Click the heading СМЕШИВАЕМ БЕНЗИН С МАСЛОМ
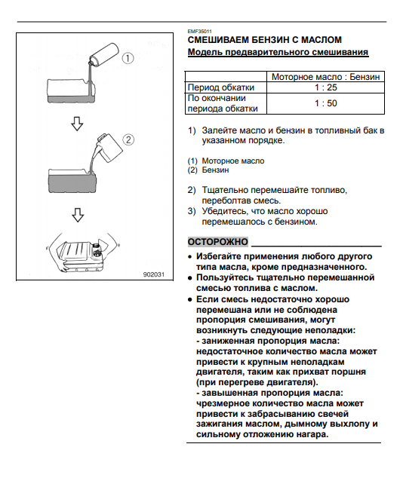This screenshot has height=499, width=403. pos(265,39)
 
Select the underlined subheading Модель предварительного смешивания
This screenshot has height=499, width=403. pos(278,53)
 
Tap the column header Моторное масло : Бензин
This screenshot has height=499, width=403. pos(326,76)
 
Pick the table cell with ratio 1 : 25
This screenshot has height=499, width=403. pos(326,87)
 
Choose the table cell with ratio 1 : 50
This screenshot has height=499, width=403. pos(326,103)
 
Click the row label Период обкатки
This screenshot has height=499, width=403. pos(220,87)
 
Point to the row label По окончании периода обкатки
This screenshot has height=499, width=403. pos(221,103)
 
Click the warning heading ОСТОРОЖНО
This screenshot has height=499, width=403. pos(218,241)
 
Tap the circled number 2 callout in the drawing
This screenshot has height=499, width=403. pos(128,139)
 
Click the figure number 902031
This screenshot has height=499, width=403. pos(153,274)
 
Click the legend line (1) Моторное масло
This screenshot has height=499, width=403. pos(226,161)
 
